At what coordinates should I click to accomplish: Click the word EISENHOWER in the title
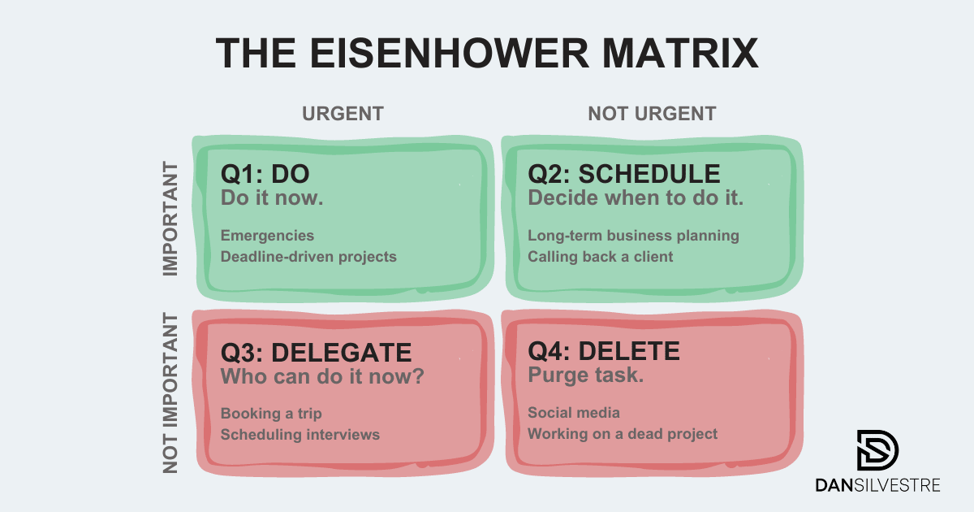tap(449, 53)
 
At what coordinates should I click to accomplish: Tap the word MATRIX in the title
tap(680, 53)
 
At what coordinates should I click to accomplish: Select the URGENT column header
tap(343, 114)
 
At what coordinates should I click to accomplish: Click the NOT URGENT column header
tap(652, 114)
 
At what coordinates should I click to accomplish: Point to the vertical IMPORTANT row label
tap(170, 219)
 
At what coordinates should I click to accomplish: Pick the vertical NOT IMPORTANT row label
tap(170, 393)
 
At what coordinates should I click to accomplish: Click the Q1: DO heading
tap(265, 174)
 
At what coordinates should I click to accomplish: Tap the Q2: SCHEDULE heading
tap(624, 174)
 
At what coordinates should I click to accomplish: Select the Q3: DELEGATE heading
tap(316, 353)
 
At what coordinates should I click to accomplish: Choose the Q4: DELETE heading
tap(604, 351)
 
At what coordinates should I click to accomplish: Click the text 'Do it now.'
tap(272, 198)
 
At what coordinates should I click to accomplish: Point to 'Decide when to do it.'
tap(636, 198)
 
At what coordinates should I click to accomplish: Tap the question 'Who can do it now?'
tap(322, 376)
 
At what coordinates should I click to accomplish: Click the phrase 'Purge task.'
tap(586, 375)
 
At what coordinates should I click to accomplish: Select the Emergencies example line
tap(267, 236)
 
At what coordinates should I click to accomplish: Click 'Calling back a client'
tap(600, 257)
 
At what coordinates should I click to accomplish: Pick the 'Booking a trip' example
tap(271, 414)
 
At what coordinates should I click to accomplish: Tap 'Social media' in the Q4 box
tap(574, 413)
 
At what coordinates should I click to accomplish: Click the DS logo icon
tap(877, 450)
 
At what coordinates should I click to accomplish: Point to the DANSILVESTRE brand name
tap(877, 485)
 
